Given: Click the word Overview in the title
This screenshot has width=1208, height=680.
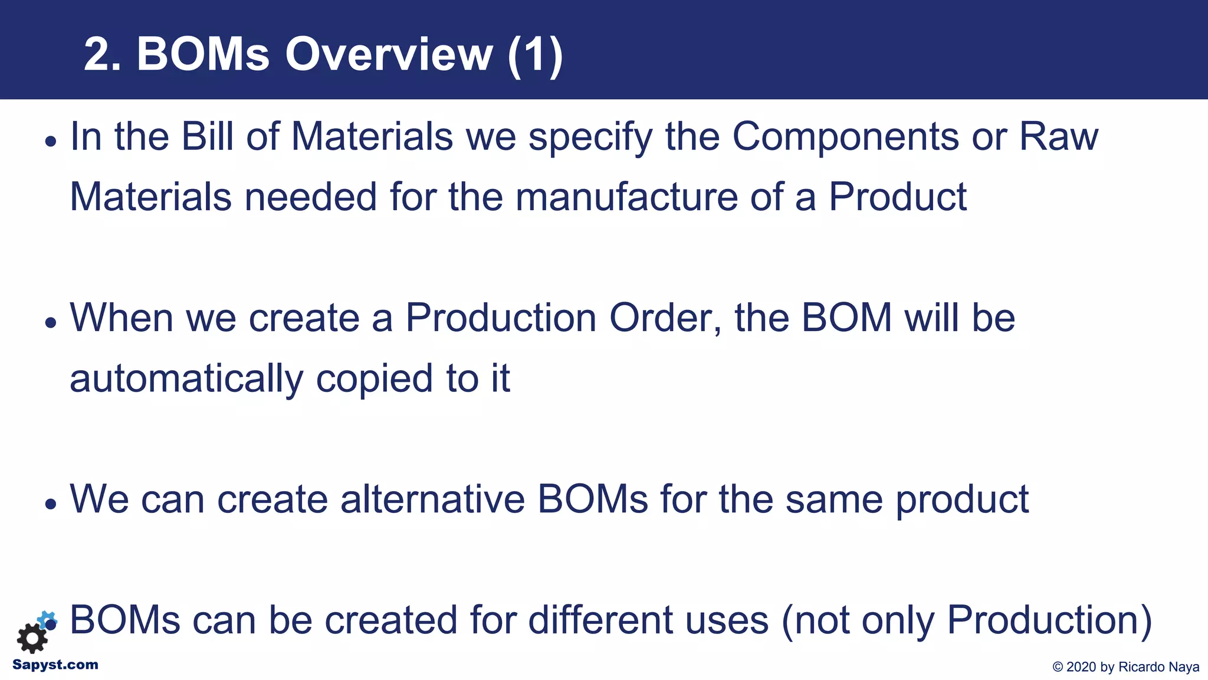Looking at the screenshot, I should (x=388, y=55).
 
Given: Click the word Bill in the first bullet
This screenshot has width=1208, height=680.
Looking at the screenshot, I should (x=206, y=136).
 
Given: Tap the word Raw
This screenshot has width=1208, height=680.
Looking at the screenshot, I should (x=1058, y=136).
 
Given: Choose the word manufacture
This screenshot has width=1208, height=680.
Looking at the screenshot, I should (x=626, y=197).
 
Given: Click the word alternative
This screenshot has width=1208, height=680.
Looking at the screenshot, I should (x=432, y=499).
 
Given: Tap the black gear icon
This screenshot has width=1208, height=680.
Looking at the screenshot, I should (x=32, y=637).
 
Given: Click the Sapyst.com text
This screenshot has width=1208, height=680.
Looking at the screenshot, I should (x=55, y=665).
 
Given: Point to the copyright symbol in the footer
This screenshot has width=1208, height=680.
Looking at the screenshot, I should (x=1058, y=667).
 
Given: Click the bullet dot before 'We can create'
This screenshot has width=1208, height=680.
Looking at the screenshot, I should (x=51, y=504).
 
